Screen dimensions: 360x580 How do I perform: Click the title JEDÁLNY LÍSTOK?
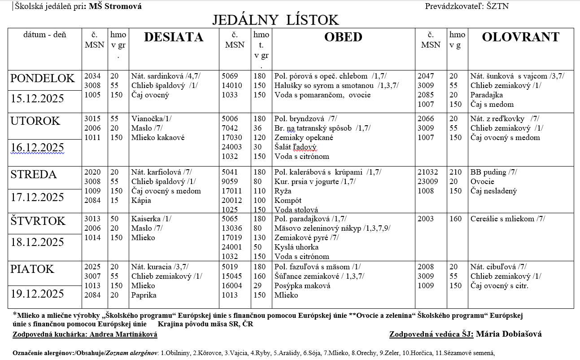275,20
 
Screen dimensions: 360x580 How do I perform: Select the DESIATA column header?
174,37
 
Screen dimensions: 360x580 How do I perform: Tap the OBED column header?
343,37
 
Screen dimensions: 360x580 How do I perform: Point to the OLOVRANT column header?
520,37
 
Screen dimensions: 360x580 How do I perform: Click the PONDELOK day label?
43,79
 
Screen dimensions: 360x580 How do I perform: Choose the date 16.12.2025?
38,148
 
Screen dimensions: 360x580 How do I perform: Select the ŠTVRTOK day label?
38,221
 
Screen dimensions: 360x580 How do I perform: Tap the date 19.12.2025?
38,294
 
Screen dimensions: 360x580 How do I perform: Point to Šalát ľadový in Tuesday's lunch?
296,147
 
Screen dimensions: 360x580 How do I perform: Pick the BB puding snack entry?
488,172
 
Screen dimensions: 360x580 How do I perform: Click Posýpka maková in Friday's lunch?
302,286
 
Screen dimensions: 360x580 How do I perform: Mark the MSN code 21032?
427,172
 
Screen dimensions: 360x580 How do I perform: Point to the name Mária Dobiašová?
509,334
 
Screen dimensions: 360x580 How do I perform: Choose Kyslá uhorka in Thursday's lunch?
297,247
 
